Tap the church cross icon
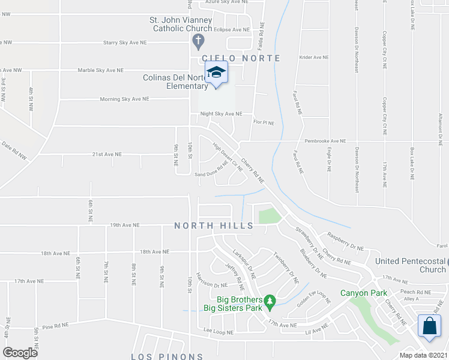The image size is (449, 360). pyautogui.click(x=198, y=41)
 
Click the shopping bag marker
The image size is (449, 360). pyautogui.click(x=430, y=326)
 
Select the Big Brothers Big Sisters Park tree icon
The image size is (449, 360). pyautogui.click(x=270, y=299)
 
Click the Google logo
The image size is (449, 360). pyautogui.click(x=20, y=352)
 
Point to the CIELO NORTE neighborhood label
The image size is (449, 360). pyautogui.click(x=241, y=58)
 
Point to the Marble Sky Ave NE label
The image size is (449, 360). pyautogui.click(x=101, y=70)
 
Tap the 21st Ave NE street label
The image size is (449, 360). pyautogui.click(x=106, y=154)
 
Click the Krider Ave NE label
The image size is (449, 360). pyautogui.click(x=314, y=58)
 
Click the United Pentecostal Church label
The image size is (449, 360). pyautogui.click(x=411, y=265)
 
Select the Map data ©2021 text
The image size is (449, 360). pyautogui.click(x=424, y=355)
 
